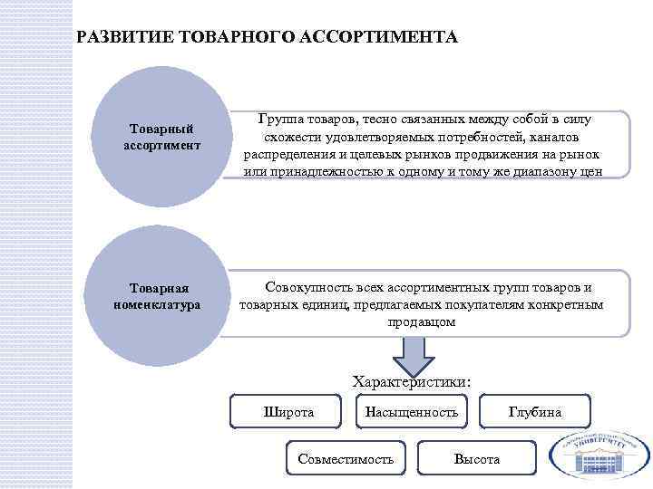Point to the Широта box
(288, 412)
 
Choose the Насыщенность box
(411, 412)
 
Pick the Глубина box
(535, 412)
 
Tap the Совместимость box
(346, 459)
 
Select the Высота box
(476, 459)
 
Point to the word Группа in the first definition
(279, 120)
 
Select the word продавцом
(422, 321)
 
